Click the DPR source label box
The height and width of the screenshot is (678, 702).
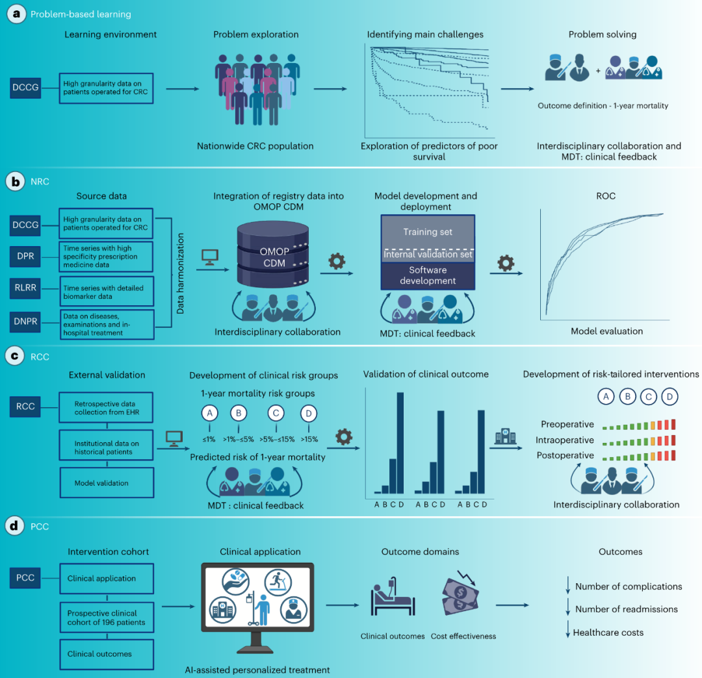click(25, 257)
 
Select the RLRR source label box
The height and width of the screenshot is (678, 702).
click(25, 288)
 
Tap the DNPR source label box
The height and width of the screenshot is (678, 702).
click(25, 321)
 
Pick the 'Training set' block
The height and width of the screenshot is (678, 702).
click(428, 232)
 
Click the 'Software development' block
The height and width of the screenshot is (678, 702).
click(428, 275)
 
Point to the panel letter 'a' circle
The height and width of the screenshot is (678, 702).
click(16, 14)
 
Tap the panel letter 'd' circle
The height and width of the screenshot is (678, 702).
click(15, 526)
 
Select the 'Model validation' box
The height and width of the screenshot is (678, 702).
click(107, 483)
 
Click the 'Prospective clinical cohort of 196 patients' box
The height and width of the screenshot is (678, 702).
click(107, 618)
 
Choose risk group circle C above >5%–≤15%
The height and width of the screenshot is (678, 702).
click(276, 413)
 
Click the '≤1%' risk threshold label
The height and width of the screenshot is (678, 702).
click(209, 439)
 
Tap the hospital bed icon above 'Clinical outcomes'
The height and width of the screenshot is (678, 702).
click(393, 597)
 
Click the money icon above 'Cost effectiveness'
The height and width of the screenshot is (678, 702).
click(460, 593)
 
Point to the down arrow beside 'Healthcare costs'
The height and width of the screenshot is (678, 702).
click(567, 629)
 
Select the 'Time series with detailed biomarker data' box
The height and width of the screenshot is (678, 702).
click(107, 292)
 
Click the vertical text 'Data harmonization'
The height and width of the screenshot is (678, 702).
click(181, 273)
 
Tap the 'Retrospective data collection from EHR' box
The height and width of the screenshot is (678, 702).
click(106, 407)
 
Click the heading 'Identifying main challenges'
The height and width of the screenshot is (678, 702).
click(425, 34)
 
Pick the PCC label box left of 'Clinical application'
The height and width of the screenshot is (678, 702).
click(25, 578)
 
